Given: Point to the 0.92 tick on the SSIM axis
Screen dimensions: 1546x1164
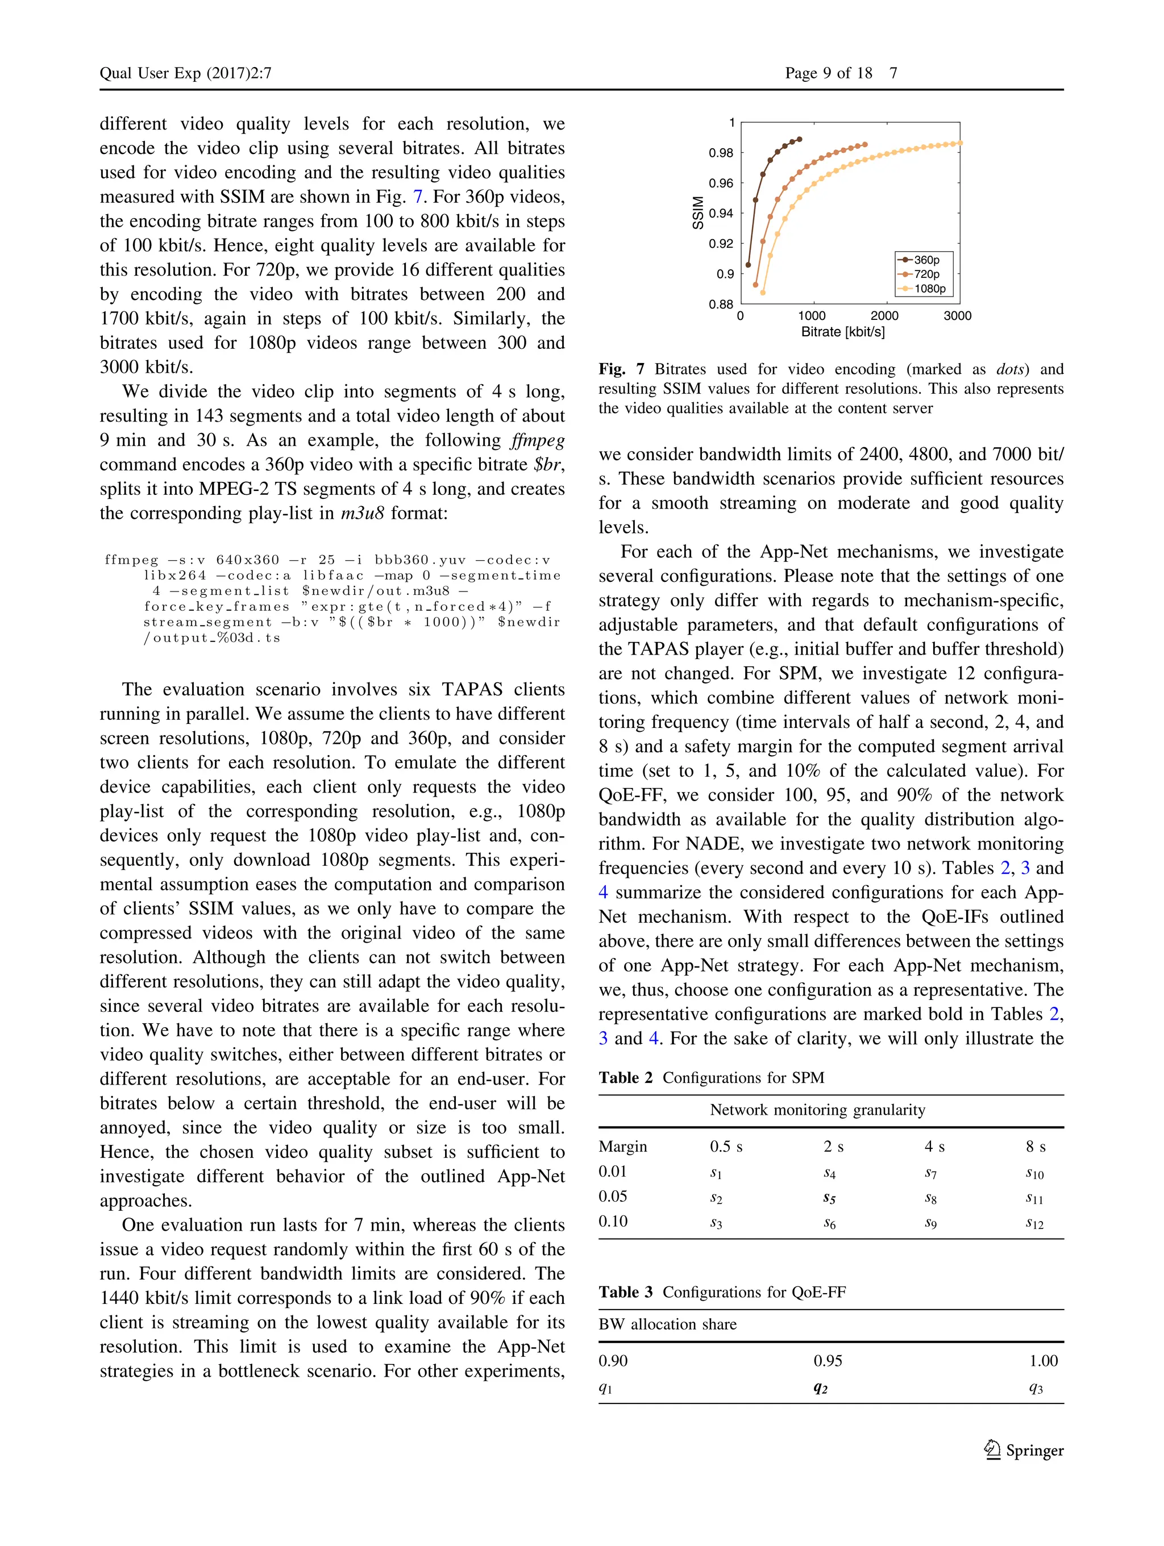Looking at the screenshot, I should click(x=721, y=244).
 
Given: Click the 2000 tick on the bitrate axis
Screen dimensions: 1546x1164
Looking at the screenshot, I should click(x=884, y=316).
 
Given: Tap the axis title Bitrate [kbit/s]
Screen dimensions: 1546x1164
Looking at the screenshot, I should click(x=842, y=332).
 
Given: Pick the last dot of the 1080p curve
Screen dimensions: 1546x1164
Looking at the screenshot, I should click(x=960, y=143).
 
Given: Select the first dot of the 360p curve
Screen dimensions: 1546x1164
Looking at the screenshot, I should click(x=748, y=265).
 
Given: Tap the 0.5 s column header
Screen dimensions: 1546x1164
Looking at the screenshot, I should click(x=726, y=1147).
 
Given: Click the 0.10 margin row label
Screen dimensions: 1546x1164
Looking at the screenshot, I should click(x=613, y=1222).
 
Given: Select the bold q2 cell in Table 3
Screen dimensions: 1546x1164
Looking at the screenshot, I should click(x=821, y=1388).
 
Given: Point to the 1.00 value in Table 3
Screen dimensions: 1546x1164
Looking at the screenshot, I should click(x=1043, y=1361).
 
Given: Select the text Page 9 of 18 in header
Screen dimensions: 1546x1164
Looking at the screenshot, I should click(x=829, y=73).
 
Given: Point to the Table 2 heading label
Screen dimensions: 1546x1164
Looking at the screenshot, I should click(x=625, y=1078).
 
